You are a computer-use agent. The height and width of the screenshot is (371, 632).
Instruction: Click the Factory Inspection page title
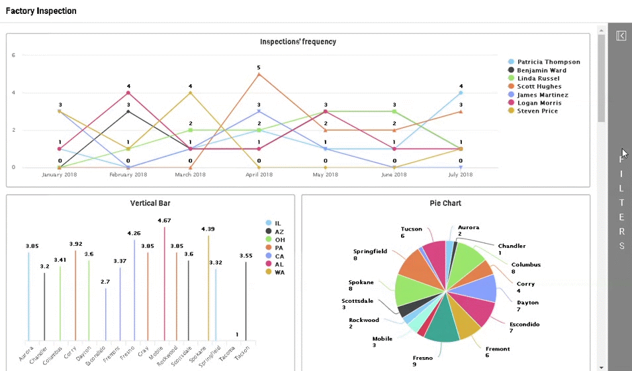coord(41,11)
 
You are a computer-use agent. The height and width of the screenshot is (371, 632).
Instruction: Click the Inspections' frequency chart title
coord(298,42)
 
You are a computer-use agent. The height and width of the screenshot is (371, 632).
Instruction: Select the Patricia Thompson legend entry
coord(548,62)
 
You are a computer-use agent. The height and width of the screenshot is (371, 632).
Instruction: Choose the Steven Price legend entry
coord(537,111)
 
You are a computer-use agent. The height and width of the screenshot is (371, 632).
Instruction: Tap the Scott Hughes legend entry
coord(539,86)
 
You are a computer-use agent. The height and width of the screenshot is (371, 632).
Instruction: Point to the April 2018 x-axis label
coord(259,175)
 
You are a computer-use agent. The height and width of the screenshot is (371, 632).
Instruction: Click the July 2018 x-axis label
coord(461,175)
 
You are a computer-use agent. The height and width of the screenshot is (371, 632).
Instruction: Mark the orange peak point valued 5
coord(259,74)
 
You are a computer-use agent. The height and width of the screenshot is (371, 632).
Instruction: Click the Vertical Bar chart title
coord(150,203)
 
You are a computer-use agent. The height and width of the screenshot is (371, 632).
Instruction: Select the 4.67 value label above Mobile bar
coord(164,220)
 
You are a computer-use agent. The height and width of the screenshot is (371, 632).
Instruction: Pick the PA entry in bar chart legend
coord(279,248)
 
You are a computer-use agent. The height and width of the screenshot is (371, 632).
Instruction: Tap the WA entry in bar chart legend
coord(279,272)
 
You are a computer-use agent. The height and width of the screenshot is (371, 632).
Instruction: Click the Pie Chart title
coord(445,203)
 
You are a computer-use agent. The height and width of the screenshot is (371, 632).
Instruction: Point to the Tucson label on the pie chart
coord(411,229)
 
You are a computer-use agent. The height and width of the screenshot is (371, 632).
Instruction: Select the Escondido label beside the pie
coord(524,325)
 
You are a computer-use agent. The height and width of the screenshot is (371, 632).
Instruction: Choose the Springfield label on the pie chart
coord(370,252)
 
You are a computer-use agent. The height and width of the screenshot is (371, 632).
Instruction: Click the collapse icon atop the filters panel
coord(621,36)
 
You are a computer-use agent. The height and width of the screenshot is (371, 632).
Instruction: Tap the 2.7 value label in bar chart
coord(105,282)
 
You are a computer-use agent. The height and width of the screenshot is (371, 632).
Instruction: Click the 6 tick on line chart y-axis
coord(13,55)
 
